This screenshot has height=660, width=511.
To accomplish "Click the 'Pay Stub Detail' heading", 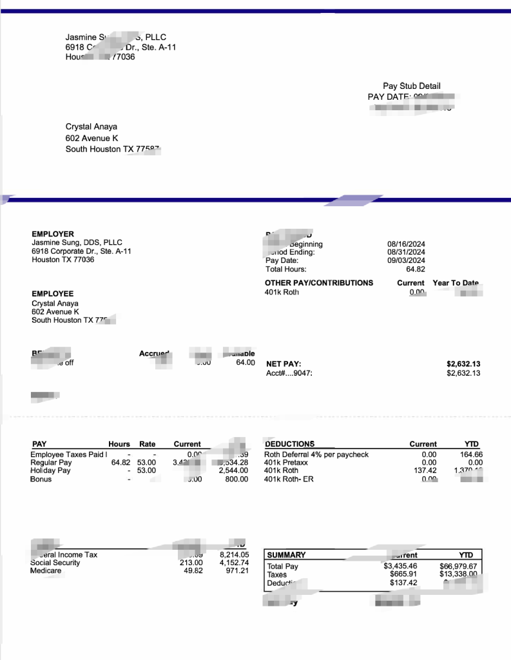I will point(411,86).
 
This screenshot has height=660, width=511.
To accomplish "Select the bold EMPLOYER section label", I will point(53,234).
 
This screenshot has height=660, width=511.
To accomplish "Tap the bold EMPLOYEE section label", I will point(53,294).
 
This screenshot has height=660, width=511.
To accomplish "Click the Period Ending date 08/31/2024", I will point(406,252).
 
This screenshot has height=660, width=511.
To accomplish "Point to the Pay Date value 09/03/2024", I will point(406,260).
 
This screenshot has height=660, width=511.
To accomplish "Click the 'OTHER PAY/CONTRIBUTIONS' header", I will point(319,283).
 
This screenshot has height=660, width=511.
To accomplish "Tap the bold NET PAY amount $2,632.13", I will point(463,364).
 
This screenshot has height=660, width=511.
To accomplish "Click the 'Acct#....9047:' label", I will point(289,373).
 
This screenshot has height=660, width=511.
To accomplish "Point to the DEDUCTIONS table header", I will point(290,444).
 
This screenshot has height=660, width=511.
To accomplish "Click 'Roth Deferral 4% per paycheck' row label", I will point(316,454).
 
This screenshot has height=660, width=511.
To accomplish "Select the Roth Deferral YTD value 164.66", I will point(471,454).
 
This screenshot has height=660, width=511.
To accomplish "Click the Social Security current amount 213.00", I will point(191,563).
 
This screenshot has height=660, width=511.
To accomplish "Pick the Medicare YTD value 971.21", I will point(237,570).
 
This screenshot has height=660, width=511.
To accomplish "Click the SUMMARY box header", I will point(286,555).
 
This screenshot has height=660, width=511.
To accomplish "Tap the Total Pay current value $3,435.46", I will point(400,566).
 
